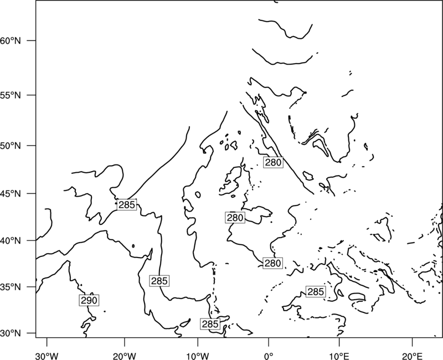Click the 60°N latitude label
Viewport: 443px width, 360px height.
pyautogui.click(x=10, y=40)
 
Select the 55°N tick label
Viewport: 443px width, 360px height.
pyautogui.click(x=10, y=95)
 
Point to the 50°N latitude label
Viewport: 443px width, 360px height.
pyautogui.click(x=10, y=146)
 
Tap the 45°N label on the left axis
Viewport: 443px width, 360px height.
pyautogui.click(x=10, y=193)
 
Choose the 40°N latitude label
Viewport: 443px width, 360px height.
pyautogui.click(x=10, y=241)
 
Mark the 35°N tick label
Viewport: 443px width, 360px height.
pyautogui.click(x=10, y=287)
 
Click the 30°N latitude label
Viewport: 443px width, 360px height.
pyautogui.click(x=10, y=333)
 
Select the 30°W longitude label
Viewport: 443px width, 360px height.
pyautogui.click(x=47, y=356)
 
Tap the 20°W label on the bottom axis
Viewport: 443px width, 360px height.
pyautogui.click(x=124, y=356)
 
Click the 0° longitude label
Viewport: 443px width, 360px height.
pyautogui.click(x=269, y=356)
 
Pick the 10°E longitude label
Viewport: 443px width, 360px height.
pyautogui.click(x=339, y=356)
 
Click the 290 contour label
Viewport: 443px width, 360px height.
pyautogui.click(x=89, y=300)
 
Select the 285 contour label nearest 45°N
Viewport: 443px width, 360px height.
pyautogui.click(x=127, y=204)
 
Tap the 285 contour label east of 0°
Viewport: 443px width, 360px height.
pyautogui.click(x=316, y=292)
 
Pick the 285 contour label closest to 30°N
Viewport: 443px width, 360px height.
pyautogui.click(x=210, y=324)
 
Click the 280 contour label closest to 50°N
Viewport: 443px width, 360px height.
pyautogui.click(x=273, y=162)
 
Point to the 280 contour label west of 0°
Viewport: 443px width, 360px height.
pyautogui.click(x=235, y=218)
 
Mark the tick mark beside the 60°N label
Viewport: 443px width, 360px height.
pyautogui.click(x=32, y=40)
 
